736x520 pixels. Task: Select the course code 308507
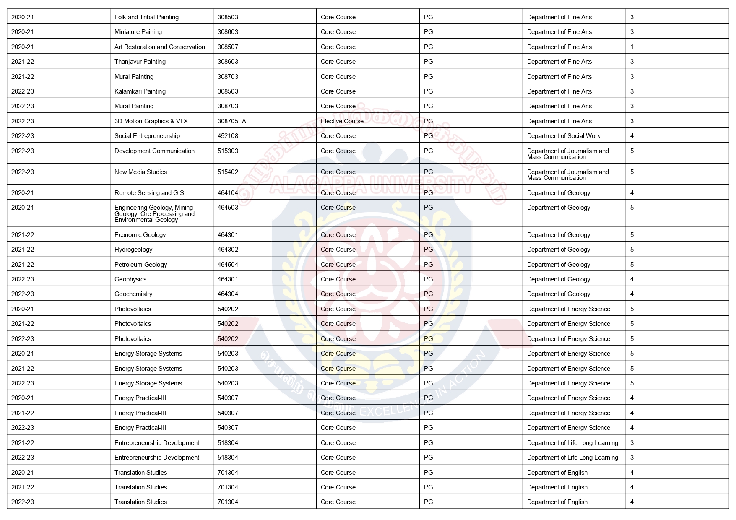coord(228,47)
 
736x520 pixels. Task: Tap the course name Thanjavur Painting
coord(140,62)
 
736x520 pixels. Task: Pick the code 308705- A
coord(232,121)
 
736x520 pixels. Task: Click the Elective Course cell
coord(342,121)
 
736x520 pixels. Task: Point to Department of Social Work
coord(563,136)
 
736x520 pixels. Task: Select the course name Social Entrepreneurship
coord(147,136)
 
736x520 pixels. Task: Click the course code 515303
coord(228,151)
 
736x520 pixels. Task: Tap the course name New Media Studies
coord(140,172)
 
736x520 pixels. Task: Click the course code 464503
coord(228,208)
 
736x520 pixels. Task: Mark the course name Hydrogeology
coord(133,250)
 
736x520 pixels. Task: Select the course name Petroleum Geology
coord(140,265)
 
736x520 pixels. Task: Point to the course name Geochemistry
coord(133,294)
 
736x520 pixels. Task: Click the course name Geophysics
coord(130,279)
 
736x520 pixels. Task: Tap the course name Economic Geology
coord(140,235)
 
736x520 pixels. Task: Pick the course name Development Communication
coord(154,151)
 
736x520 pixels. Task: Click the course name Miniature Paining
coord(138,32)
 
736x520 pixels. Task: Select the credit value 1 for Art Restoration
coord(632,47)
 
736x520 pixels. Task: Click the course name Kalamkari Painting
coord(140,91)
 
